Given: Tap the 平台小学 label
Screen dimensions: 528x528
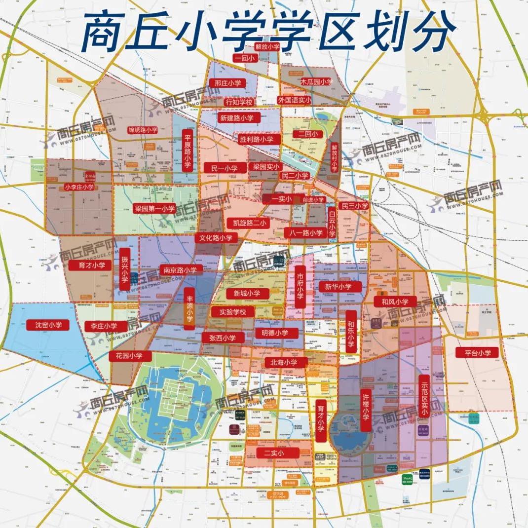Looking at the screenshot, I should [474, 353].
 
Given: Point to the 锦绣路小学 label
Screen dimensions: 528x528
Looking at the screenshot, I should [143, 130].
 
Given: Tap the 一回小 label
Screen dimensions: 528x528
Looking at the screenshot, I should [245, 58].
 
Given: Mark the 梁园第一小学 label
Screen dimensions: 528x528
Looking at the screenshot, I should [155, 209].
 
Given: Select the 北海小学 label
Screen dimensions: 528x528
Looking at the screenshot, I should [284, 362].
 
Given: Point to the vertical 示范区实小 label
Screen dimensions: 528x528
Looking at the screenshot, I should [423, 396].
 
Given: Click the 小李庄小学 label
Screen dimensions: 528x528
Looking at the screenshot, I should [79, 187].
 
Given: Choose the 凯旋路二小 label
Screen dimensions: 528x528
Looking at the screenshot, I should [250, 223].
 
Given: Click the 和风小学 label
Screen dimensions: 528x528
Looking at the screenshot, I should [395, 302].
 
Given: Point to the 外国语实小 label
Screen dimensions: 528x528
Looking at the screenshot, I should [294, 100].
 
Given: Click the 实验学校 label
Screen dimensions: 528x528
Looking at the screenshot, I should [232, 312].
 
